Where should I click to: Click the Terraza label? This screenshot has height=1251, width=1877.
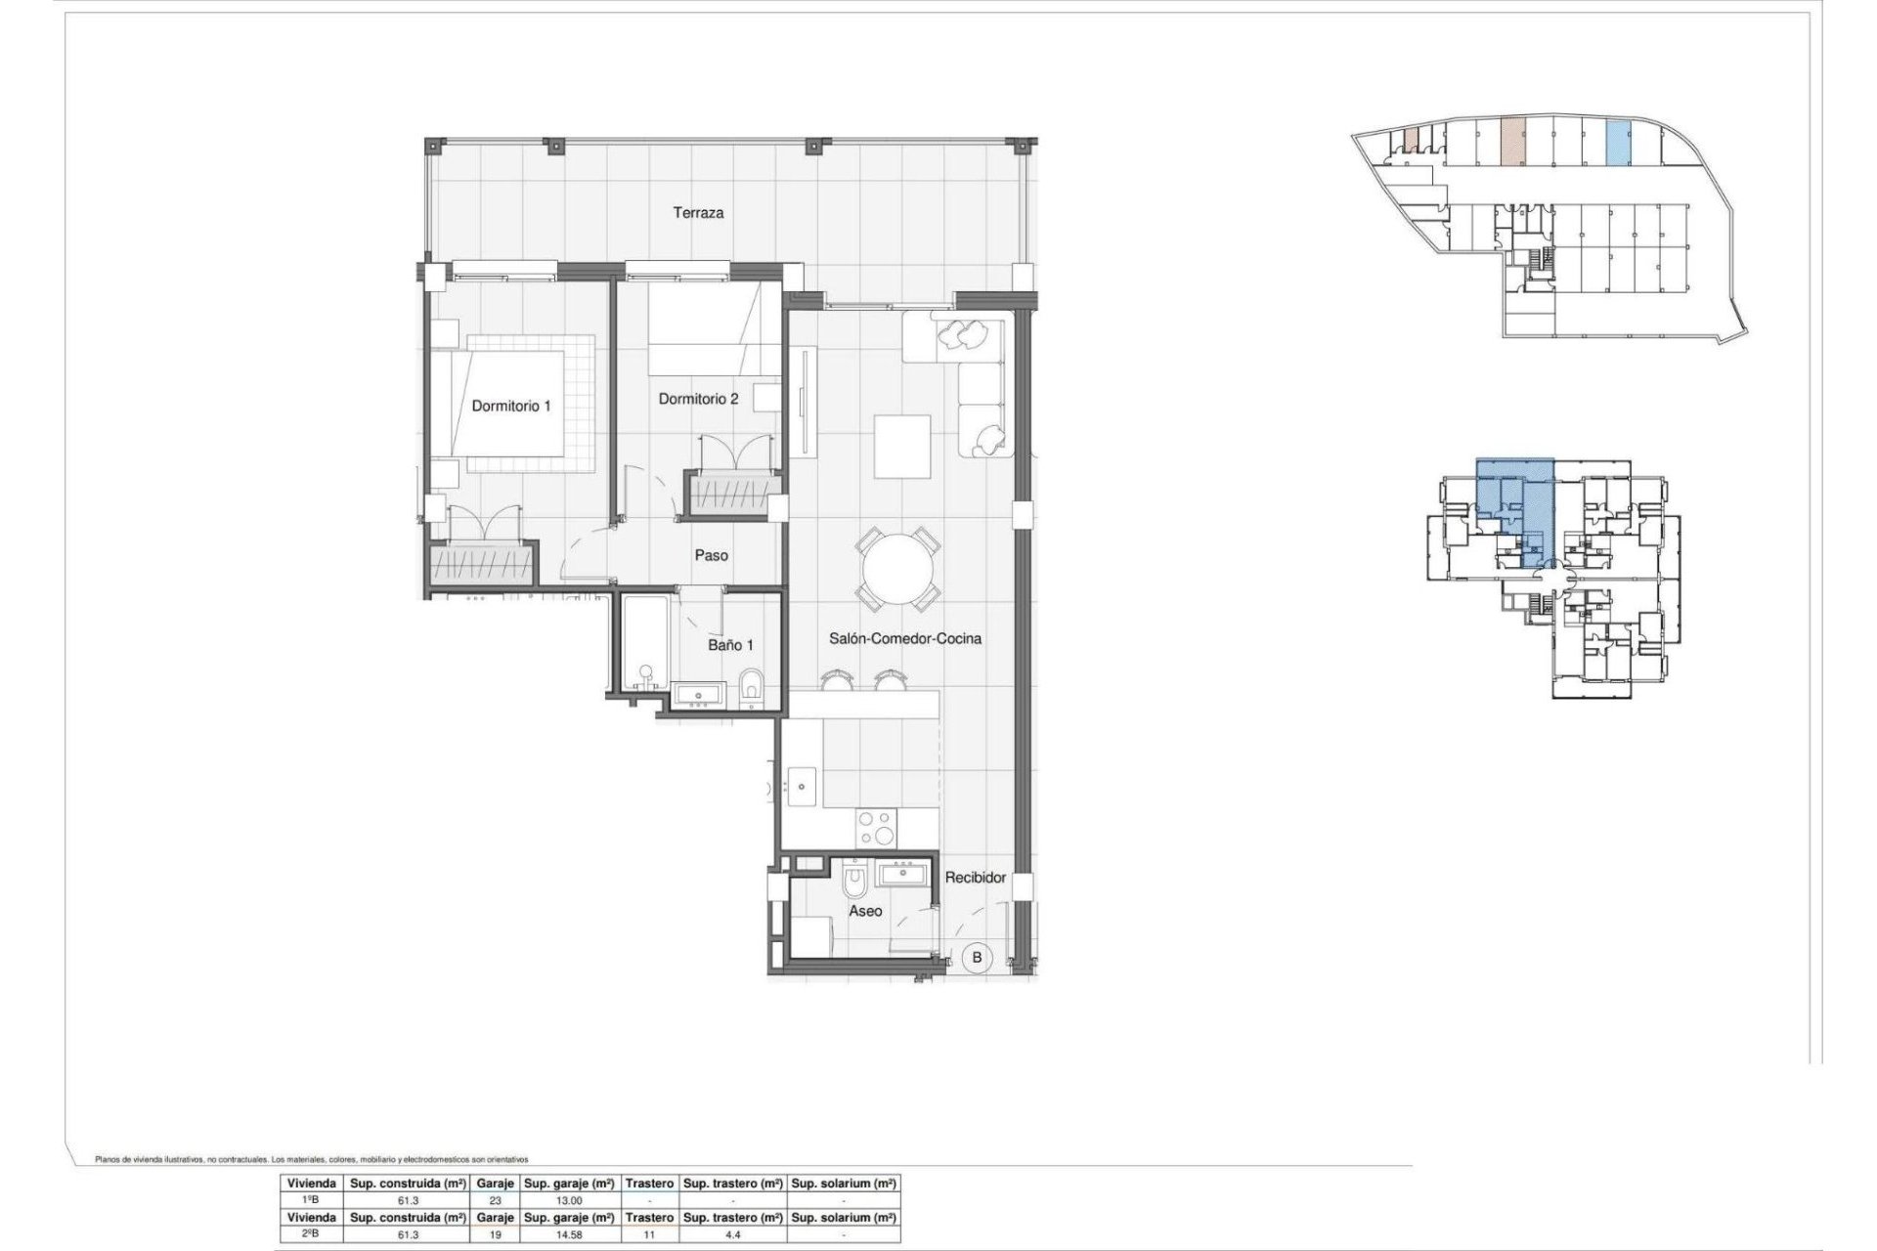tap(698, 212)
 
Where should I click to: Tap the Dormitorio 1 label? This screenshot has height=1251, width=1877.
tap(511, 406)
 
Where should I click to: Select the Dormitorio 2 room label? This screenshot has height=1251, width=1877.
tap(698, 399)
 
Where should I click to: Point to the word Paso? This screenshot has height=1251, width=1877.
tap(711, 555)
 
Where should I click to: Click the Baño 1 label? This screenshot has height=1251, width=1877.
tap(730, 645)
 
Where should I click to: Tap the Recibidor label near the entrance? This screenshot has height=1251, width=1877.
tap(975, 878)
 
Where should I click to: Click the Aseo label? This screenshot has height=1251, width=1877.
tap(865, 911)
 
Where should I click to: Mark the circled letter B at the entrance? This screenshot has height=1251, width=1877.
tap(977, 958)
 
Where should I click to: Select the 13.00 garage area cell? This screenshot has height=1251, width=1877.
tap(570, 1200)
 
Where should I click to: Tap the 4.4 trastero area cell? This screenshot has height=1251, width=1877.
tap(731, 1234)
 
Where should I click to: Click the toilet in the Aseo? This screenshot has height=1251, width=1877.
tap(854, 882)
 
